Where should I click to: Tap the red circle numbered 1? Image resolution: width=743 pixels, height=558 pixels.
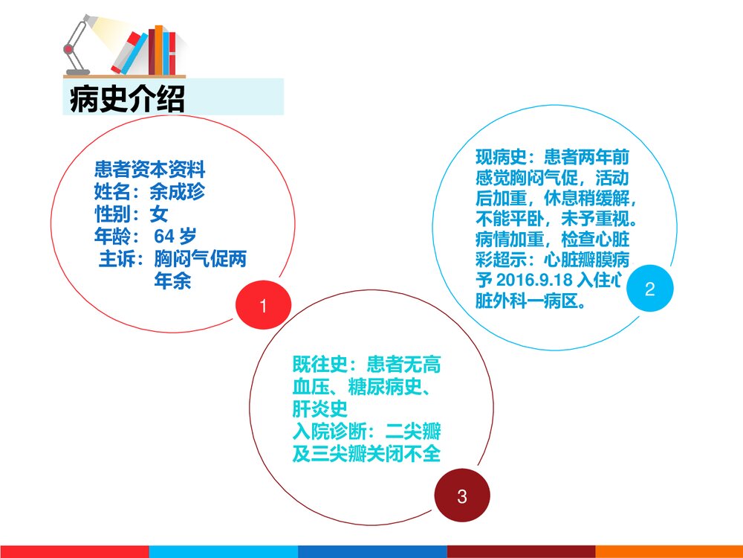pyautogui.click(x=262, y=306)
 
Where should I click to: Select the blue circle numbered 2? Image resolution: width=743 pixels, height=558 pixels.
pyautogui.click(x=649, y=289)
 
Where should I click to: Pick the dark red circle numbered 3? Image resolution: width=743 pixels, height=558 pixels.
pyautogui.click(x=461, y=496)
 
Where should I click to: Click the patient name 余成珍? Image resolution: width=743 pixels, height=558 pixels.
pyautogui.click(x=177, y=193)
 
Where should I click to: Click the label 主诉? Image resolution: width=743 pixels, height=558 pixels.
pyautogui.click(x=120, y=260)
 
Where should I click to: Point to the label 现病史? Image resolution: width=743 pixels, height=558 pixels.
pyautogui.click(x=500, y=158)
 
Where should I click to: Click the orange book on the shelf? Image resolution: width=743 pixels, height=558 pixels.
pyautogui.click(x=158, y=51)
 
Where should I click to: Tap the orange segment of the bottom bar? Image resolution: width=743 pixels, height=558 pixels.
pyautogui.click(x=669, y=551)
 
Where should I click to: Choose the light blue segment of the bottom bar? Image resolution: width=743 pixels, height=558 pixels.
pyautogui.click(x=223, y=551)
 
